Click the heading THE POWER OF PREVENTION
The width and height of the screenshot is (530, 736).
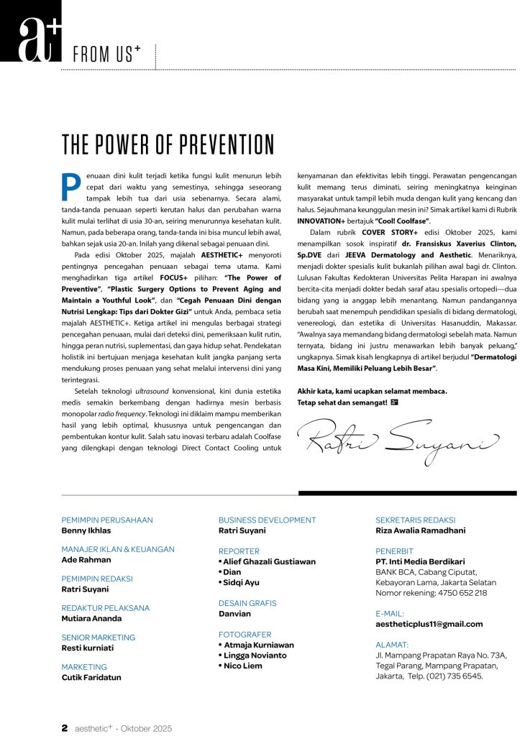point(168,144)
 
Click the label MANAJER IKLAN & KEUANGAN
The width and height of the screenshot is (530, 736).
point(118,549)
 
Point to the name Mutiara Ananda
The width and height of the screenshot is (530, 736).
point(91,618)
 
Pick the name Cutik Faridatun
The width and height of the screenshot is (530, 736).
point(91,677)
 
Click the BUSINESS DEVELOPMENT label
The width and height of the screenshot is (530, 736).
point(267,520)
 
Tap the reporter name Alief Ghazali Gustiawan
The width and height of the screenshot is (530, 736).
point(269,561)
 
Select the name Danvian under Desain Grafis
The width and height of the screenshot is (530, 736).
point(234,614)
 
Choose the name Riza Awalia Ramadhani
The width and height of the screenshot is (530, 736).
point(420,530)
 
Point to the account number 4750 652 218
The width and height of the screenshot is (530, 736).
point(456,593)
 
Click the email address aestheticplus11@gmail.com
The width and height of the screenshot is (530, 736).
point(429,624)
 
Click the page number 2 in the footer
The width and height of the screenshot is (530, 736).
point(65,727)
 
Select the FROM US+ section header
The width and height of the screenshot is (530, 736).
point(108,54)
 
